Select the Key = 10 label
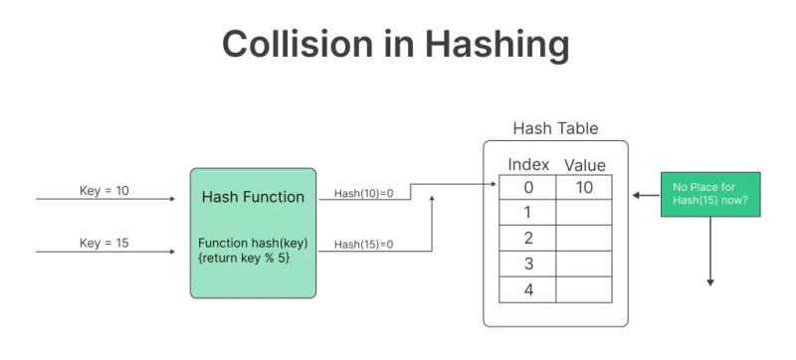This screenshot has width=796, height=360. click(103, 189)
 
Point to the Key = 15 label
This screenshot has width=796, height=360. click(103, 244)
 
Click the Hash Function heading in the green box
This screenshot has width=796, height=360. click(253, 197)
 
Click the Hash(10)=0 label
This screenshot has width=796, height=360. click(364, 193)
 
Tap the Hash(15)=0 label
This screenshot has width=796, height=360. click(364, 245)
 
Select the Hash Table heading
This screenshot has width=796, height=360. click(555, 129)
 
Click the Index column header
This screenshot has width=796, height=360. click(528, 164)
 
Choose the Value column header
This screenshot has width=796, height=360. click(584, 165)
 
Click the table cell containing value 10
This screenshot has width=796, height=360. click(584, 187)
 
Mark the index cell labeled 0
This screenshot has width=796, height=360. click(527, 187)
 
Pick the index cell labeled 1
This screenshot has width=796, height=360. click(527, 213)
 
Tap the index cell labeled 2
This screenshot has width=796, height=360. click(527, 239)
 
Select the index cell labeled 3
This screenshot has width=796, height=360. click(527, 265)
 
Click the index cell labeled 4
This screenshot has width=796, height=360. click(527, 290)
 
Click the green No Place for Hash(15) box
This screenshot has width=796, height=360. click(710, 193)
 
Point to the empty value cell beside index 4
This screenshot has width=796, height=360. click(584, 290)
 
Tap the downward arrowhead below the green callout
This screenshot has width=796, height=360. click(710, 281)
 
